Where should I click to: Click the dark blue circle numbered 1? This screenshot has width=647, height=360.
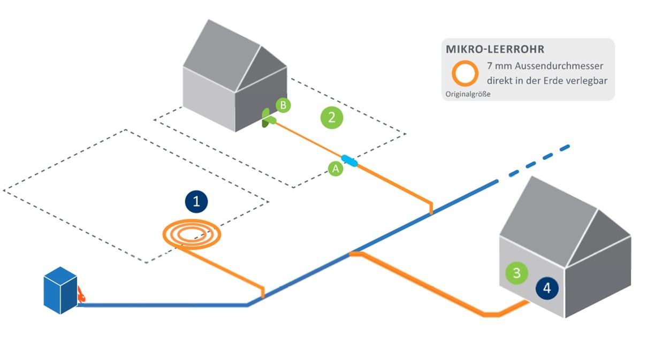tap(196, 202)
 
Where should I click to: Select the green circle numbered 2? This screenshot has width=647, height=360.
tap(332, 117)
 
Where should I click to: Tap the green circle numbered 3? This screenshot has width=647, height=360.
tap(516, 273)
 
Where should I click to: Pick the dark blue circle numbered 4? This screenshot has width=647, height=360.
tap(546, 288)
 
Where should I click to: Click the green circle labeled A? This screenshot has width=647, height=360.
tap(336, 168)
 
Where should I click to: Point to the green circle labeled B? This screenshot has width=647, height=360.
tap(283, 105)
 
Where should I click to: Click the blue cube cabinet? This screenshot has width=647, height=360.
tap(60, 290)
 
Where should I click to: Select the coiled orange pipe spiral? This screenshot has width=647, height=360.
tap(192, 234)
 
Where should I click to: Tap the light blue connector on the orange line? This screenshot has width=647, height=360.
tap(349, 160)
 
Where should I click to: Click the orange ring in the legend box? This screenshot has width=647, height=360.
tap(465, 73)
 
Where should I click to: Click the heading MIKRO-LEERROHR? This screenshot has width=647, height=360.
tap(495, 49)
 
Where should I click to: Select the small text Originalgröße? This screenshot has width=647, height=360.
tap(467, 94)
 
